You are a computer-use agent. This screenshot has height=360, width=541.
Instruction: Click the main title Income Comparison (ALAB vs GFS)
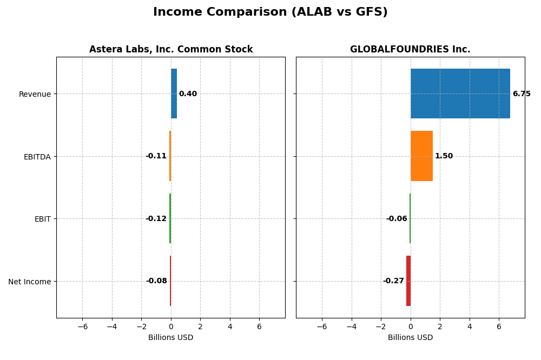[270, 12]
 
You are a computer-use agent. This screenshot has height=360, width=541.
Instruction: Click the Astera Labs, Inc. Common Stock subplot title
[171, 50]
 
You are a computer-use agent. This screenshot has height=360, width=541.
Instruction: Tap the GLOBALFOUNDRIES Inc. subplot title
[410, 50]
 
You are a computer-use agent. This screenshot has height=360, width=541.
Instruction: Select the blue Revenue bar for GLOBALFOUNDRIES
[460, 94]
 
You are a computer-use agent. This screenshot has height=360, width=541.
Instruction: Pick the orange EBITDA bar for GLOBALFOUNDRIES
[421, 156]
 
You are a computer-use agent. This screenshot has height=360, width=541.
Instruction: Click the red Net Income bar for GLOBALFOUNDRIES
[408, 281]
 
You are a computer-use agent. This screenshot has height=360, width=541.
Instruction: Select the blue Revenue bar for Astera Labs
[174, 94]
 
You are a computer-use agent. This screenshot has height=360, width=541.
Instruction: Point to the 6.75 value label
[522, 94]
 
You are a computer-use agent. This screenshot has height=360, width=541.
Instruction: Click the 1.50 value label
[444, 156]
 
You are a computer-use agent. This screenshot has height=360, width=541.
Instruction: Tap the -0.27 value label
[393, 281]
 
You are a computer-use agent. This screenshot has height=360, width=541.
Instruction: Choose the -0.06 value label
[397, 219]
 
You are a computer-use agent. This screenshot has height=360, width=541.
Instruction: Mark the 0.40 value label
[188, 94]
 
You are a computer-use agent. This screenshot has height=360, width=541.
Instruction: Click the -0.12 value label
[156, 219]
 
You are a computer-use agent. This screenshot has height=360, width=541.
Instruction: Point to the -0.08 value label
[156, 281]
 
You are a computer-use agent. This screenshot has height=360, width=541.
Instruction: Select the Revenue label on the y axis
[35, 94]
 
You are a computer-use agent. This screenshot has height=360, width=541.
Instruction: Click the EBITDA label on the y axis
[37, 157]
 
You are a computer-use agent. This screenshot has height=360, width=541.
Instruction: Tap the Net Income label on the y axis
[30, 282]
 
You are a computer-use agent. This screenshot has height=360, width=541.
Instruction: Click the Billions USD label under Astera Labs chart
[170, 338]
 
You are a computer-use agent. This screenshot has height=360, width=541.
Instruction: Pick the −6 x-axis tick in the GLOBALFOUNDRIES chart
[322, 326]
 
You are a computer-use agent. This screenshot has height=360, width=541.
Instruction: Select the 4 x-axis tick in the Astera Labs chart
[230, 326]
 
